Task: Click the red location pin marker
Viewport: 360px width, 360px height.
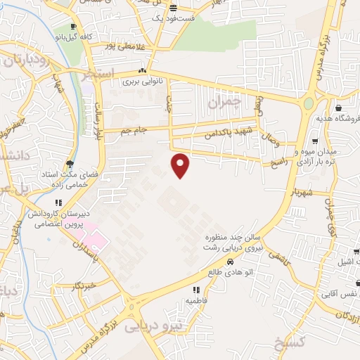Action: (181, 165)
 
